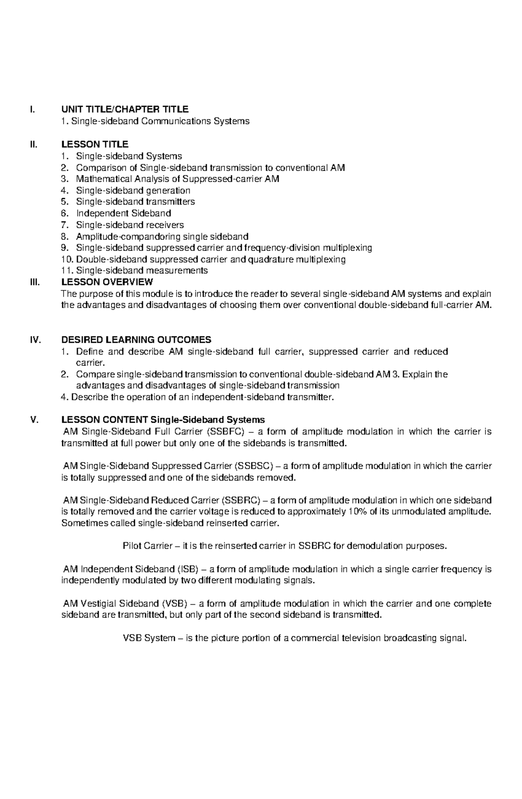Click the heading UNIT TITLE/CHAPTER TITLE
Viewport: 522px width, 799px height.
pyautogui.click(x=125, y=109)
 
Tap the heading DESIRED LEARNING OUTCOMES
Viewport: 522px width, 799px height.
pyautogui.click(x=136, y=340)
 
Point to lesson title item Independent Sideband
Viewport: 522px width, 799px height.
pyautogui.click(x=124, y=213)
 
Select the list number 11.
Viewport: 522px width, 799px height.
pyautogui.click(x=67, y=270)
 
